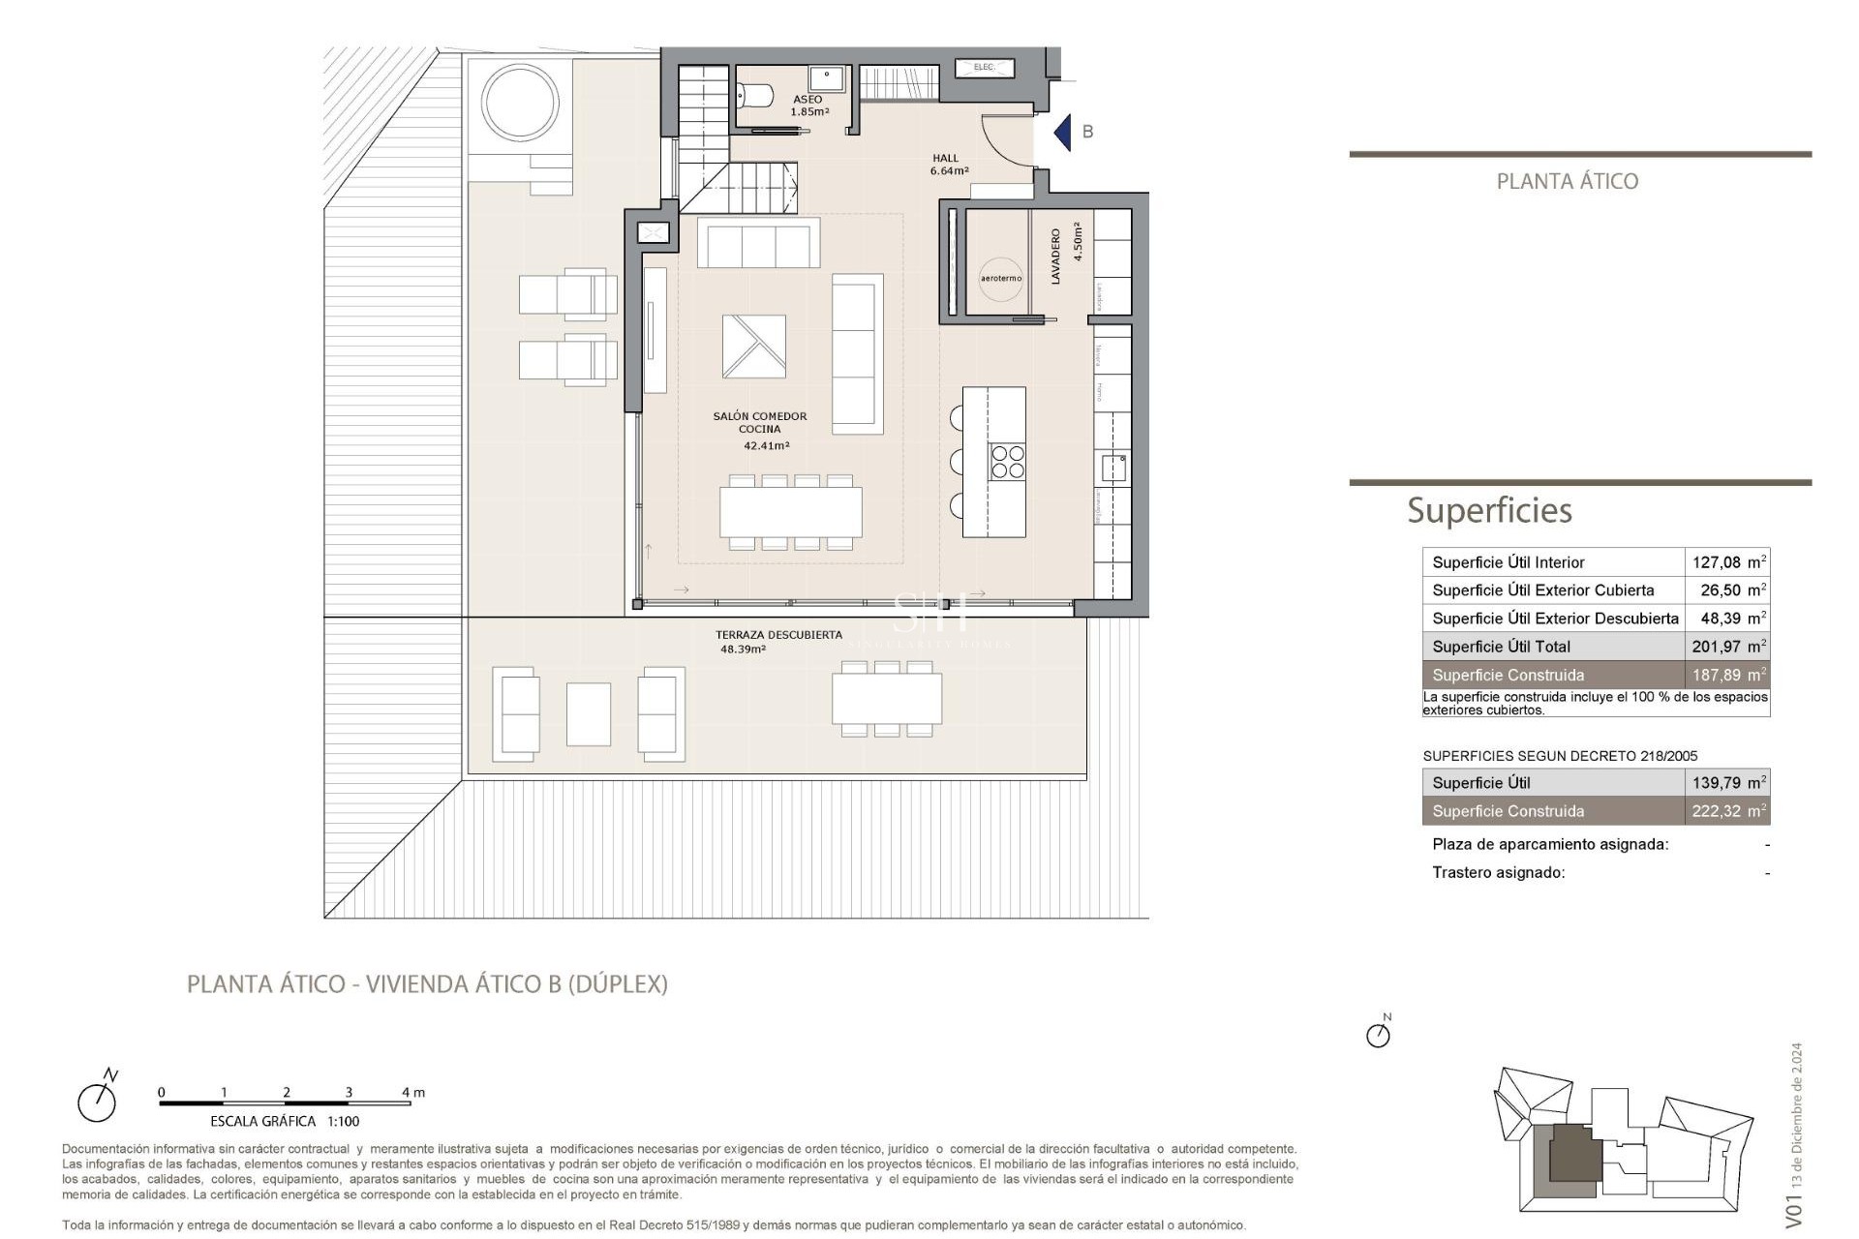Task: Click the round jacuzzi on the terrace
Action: click(520, 102)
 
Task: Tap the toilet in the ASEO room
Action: click(755, 96)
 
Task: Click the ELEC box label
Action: click(984, 68)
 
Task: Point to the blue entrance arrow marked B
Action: click(1063, 133)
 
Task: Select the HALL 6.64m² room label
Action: click(948, 165)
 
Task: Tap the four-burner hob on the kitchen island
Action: click(1007, 462)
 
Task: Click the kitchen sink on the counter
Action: click(1113, 468)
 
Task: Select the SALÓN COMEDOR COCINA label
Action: click(759, 423)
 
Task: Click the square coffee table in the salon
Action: click(753, 347)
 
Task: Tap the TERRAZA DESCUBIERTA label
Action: click(777, 636)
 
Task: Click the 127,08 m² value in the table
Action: click(1727, 562)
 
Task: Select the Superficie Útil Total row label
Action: click(1501, 647)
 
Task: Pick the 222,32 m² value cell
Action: click(1727, 811)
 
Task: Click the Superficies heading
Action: click(1489, 510)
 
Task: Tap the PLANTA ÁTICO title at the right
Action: click(1567, 181)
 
